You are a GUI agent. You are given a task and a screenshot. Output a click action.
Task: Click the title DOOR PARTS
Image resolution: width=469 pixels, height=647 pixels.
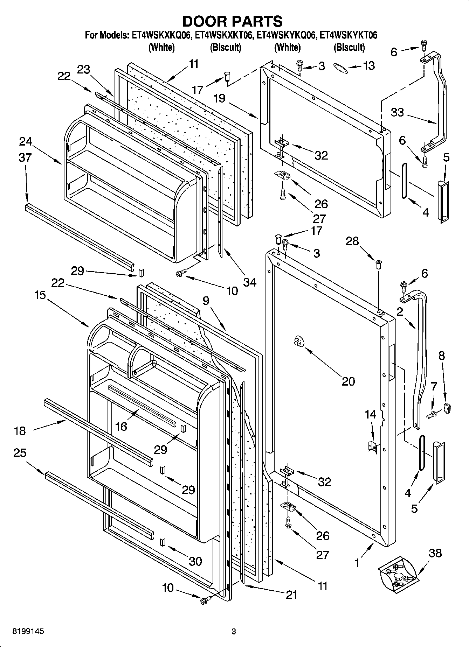coord(233,21)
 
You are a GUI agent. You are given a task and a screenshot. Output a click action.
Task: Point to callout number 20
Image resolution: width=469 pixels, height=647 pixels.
coord(348,381)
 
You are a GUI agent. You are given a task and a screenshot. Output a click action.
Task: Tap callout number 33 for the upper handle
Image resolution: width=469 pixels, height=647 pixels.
coord(397,112)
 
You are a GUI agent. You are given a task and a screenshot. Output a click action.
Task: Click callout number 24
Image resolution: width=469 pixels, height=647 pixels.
coord(26,142)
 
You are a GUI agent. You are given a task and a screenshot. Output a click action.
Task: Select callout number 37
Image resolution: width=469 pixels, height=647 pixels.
coord(25,158)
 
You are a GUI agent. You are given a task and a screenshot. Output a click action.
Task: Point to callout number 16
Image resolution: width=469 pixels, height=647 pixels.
coord(121,426)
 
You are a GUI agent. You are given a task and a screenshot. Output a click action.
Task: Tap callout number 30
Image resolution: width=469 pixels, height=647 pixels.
coord(195,561)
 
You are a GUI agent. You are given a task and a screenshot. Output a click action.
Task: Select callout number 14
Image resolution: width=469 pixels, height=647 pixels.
coord(370,415)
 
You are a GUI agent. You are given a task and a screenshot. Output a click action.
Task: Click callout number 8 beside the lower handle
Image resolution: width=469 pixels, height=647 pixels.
coord(442,356)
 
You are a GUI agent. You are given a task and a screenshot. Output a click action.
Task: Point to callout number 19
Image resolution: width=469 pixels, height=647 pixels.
coord(219,99)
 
